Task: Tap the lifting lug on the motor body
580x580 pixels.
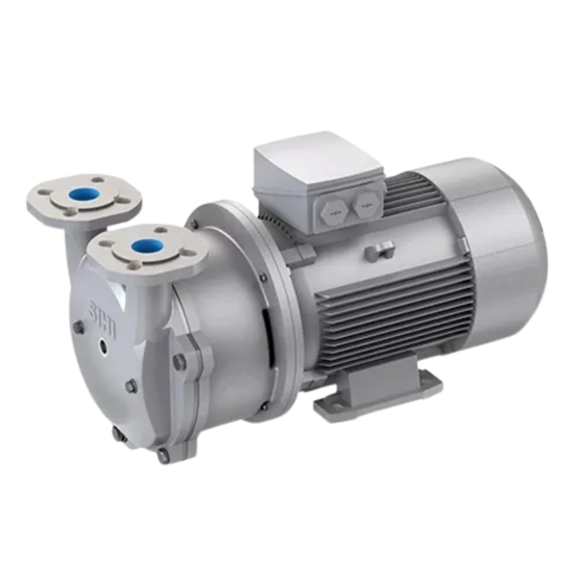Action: [380, 249]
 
